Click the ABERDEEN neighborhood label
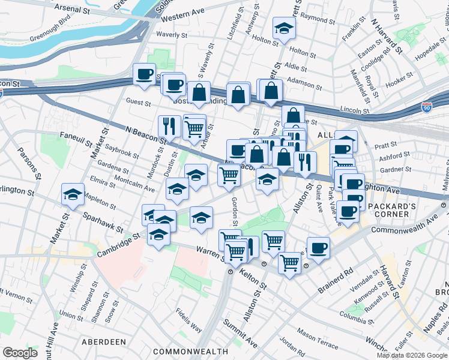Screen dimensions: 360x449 (x=101, y=341)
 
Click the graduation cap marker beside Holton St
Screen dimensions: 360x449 (x=284, y=28)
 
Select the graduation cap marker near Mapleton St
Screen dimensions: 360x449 (x=73, y=194)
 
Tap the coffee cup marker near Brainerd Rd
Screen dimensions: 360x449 (x=318, y=247)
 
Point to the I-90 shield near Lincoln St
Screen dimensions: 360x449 (x=426, y=107)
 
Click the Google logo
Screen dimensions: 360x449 (x=20, y=353)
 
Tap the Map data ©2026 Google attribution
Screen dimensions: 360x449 (x=412, y=355)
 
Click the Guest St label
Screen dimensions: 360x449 (x=138, y=103)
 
